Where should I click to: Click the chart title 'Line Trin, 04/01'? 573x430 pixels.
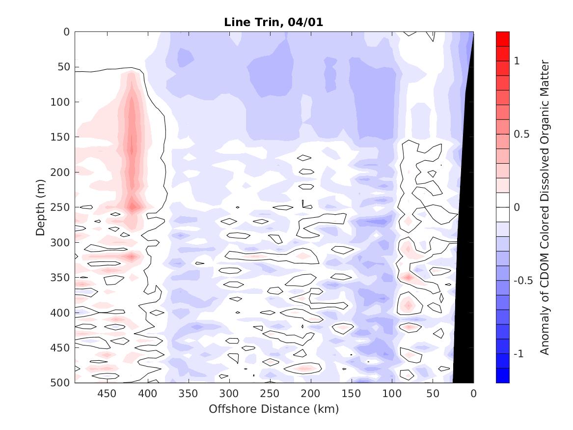(x=274, y=22)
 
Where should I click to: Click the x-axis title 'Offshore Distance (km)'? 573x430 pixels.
(x=274, y=409)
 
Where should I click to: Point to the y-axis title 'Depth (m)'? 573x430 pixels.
(x=41, y=207)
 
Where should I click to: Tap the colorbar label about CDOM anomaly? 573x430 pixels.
(x=545, y=207)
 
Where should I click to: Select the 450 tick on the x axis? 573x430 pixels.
(x=107, y=394)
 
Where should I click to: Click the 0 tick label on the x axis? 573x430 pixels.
(x=473, y=394)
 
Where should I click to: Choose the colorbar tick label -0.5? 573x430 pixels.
(x=522, y=281)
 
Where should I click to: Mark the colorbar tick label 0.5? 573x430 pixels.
(x=521, y=134)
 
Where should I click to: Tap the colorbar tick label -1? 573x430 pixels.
(x=519, y=354)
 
